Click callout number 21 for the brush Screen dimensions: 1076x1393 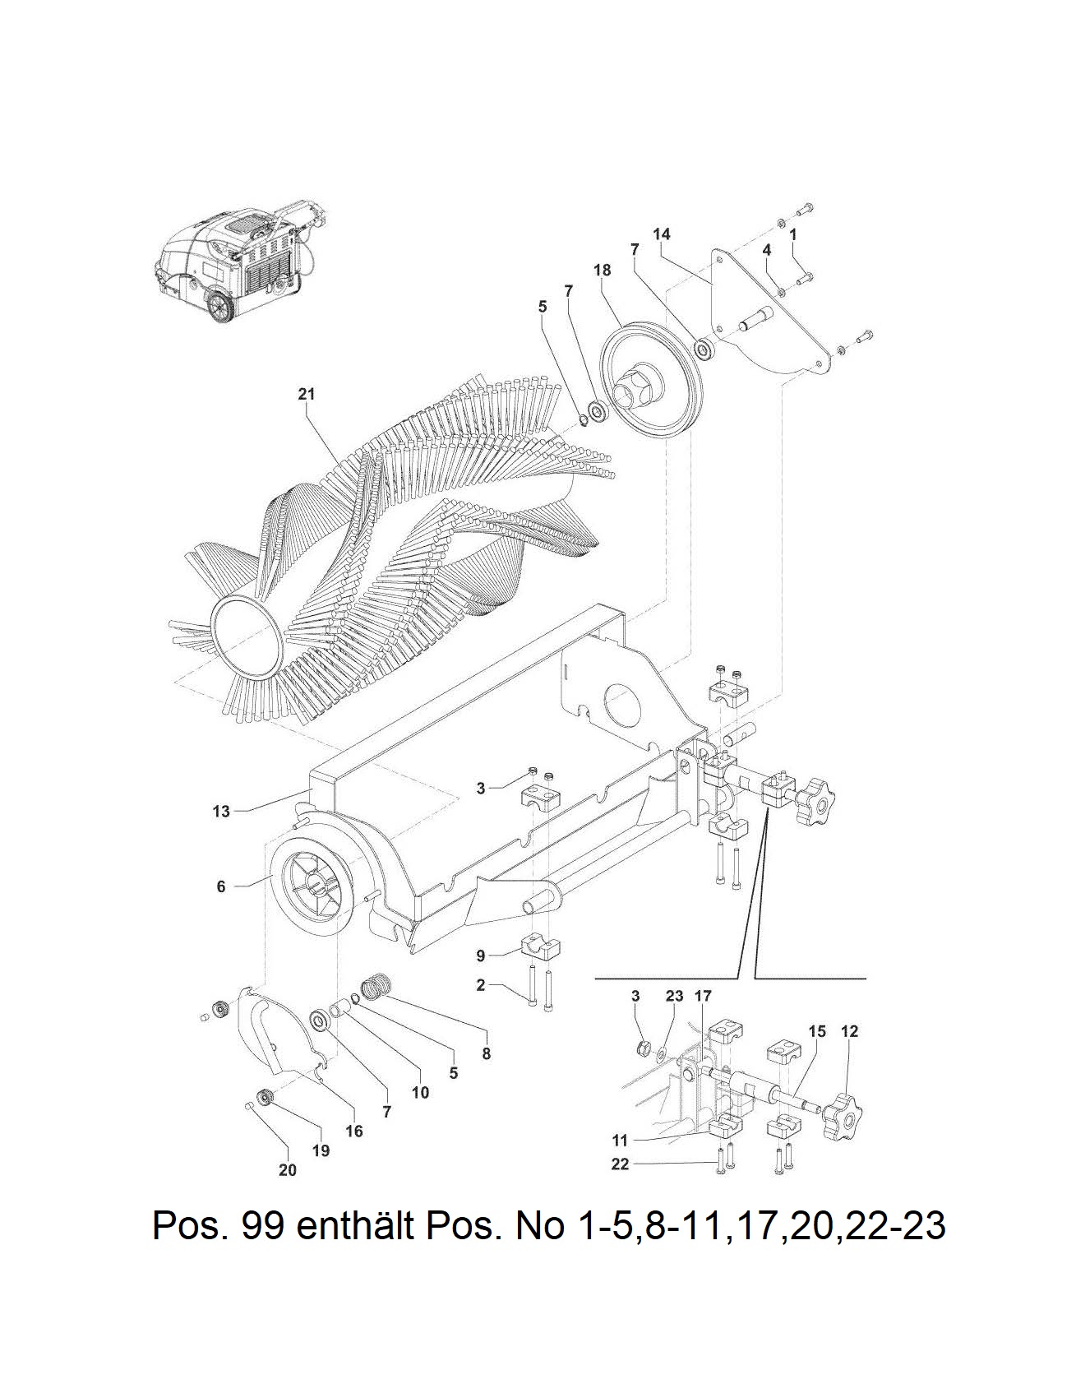[x=306, y=394]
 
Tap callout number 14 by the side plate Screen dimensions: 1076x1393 [x=661, y=234]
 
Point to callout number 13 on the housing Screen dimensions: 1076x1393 [x=221, y=812]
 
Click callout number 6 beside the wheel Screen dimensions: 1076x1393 [x=221, y=886]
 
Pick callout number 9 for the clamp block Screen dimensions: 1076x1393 [x=481, y=956]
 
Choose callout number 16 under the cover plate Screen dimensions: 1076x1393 [x=353, y=1132]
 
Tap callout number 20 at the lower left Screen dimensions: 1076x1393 [x=287, y=1170]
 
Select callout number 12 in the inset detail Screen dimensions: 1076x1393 [x=849, y=1031]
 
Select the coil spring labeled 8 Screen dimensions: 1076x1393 [x=375, y=986]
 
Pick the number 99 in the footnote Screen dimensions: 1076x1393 [x=264, y=1226]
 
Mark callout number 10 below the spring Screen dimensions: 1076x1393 [x=420, y=1093]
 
